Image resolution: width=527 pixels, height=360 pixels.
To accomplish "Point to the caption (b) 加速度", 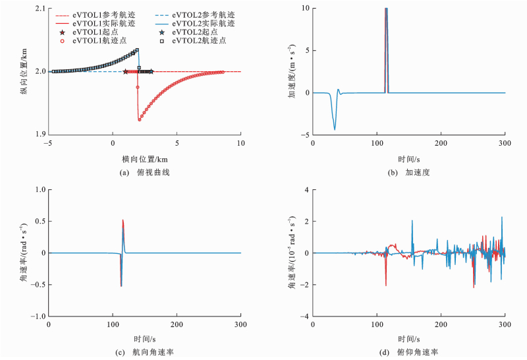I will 409,172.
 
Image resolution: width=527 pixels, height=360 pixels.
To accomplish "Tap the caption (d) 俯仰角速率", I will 409,352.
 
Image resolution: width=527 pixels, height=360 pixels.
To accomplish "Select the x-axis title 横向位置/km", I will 144,158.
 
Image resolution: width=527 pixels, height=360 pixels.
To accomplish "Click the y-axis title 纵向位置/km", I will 24,71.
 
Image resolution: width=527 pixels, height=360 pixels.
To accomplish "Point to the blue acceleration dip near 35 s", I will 335,129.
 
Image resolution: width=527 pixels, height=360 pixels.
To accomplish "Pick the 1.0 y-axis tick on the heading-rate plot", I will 40,189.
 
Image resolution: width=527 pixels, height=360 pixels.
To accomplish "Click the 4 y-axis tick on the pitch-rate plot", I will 306,189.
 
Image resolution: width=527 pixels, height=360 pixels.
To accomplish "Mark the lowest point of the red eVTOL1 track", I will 139,120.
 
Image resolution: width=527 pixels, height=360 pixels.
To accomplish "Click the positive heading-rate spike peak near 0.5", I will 123,220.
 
